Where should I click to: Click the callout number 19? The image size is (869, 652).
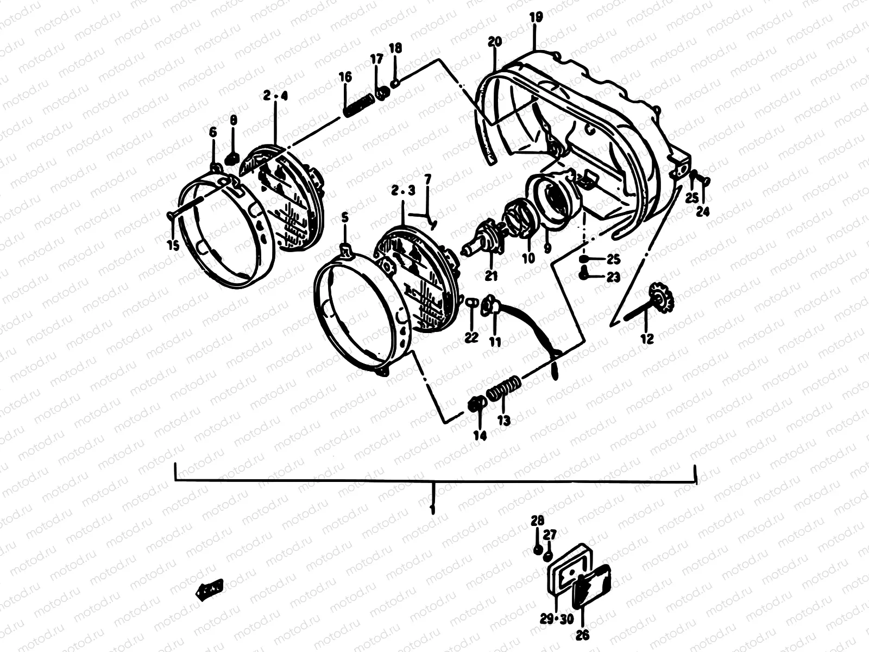tap(536, 17)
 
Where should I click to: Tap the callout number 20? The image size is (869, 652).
tap(495, 41)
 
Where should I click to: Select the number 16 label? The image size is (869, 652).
tap(345, 77)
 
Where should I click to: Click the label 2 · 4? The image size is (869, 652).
tap(275, 96)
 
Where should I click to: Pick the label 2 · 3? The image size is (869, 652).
tap(403, 190)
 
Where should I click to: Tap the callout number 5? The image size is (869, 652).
tap(344, 217)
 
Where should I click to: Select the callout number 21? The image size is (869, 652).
tap(491, 276)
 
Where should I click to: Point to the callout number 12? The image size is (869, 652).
tap(647, 338)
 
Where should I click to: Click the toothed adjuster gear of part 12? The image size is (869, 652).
tap(662, 297)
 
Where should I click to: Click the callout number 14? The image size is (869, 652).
tap(480, 435)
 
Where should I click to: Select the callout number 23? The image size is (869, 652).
tap(613, 277)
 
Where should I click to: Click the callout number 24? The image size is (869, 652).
tap(703, 212)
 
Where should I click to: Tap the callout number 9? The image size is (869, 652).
tap(547, 247)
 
